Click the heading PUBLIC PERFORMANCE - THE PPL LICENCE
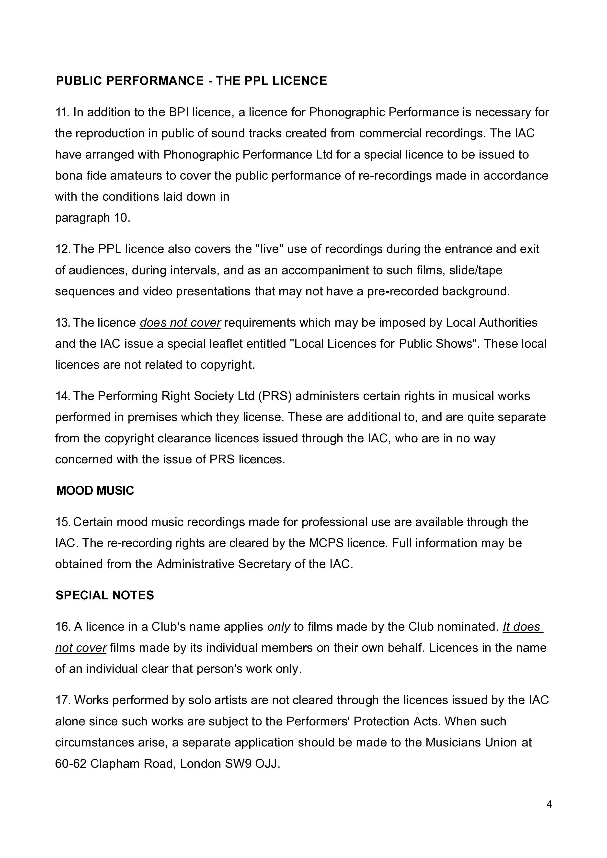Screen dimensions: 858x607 [191, 81]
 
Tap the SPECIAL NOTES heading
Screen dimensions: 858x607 [105, 595]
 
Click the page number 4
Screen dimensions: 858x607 [549, 805]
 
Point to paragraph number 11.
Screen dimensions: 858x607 [62, 112]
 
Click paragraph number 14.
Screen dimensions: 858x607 [62, 396]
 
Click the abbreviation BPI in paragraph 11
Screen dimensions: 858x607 [179, 112]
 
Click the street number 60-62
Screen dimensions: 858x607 [71, 764]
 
